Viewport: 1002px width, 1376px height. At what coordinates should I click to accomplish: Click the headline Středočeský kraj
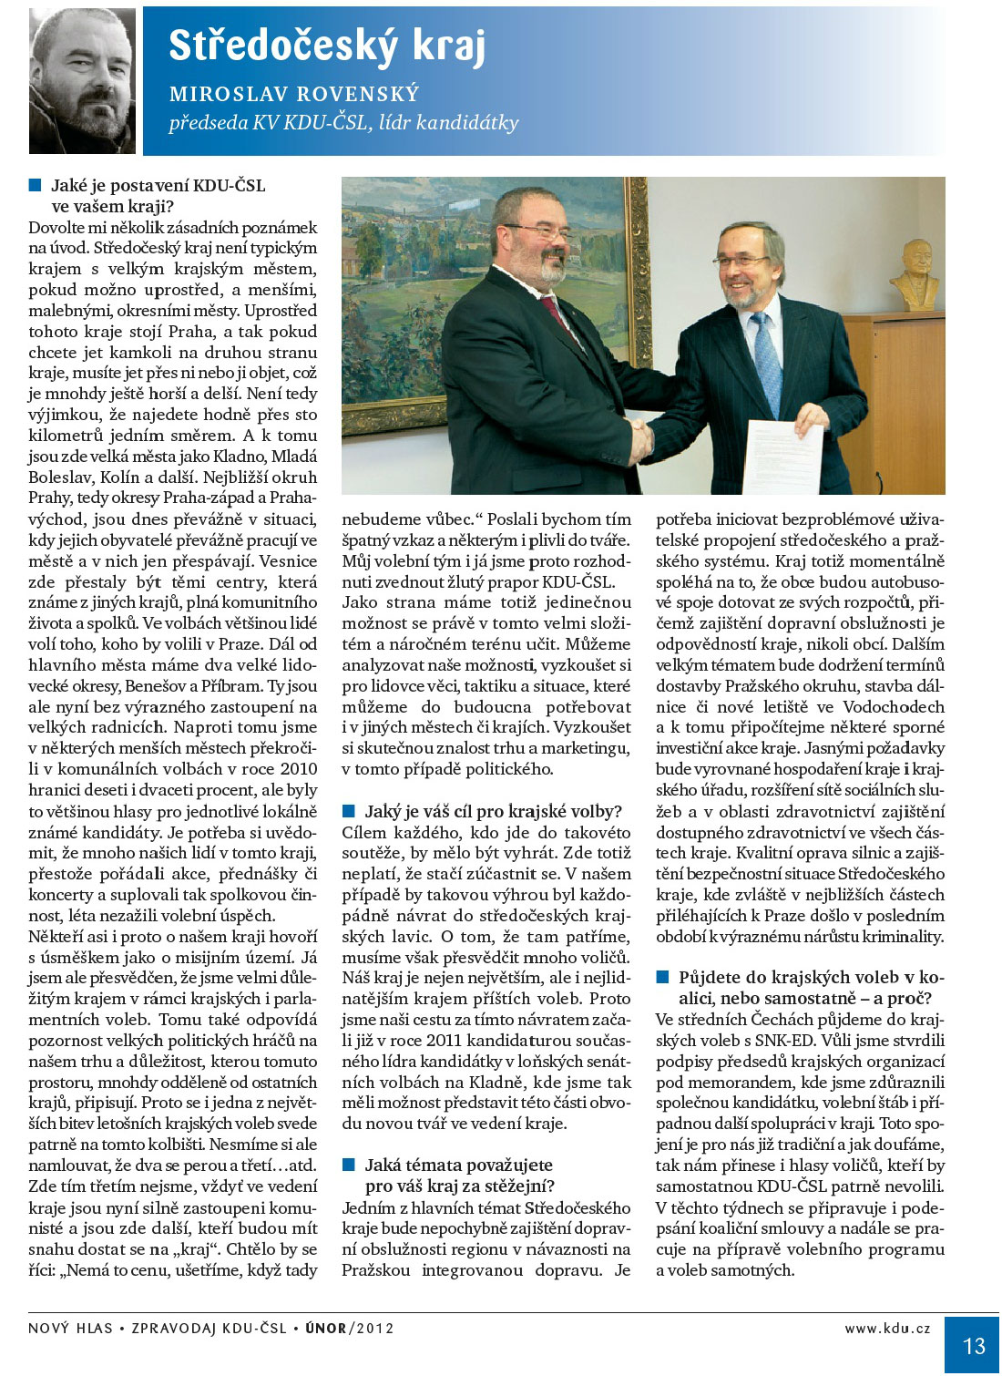(x=327, y=46)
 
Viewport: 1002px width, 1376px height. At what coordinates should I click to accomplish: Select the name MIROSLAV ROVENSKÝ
(x=294, y=94)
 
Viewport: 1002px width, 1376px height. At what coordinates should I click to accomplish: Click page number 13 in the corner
(x=973, y=1346)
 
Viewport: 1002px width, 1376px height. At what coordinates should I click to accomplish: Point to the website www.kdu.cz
(x=887, y=1328)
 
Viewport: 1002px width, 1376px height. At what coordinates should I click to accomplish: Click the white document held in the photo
(x=783, y=456)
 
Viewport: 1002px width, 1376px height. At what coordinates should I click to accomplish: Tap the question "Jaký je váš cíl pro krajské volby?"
(x=493, y=811)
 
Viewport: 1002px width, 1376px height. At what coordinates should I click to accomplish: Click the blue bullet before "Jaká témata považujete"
(x=349, y=1165)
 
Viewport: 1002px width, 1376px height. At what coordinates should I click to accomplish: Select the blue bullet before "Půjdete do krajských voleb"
(x=663, y=977)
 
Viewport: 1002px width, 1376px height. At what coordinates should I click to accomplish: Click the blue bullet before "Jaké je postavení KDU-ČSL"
(x=36, y=185)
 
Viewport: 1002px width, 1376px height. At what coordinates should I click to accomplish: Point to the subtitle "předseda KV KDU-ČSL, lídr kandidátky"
(x=343, y=123)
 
